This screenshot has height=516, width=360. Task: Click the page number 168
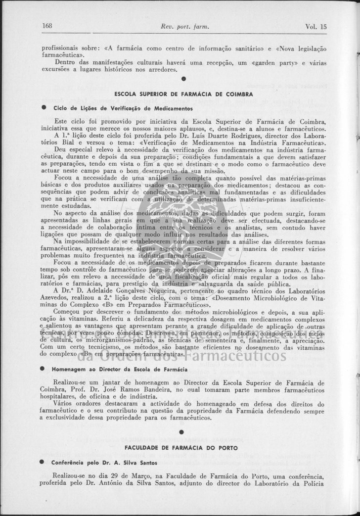pos(47,26)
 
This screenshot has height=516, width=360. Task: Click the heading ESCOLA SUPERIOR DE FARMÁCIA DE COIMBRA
pos(183,94)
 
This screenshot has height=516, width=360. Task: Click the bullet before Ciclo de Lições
pos(44,108)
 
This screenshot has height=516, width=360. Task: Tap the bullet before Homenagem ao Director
pos(44,370)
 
